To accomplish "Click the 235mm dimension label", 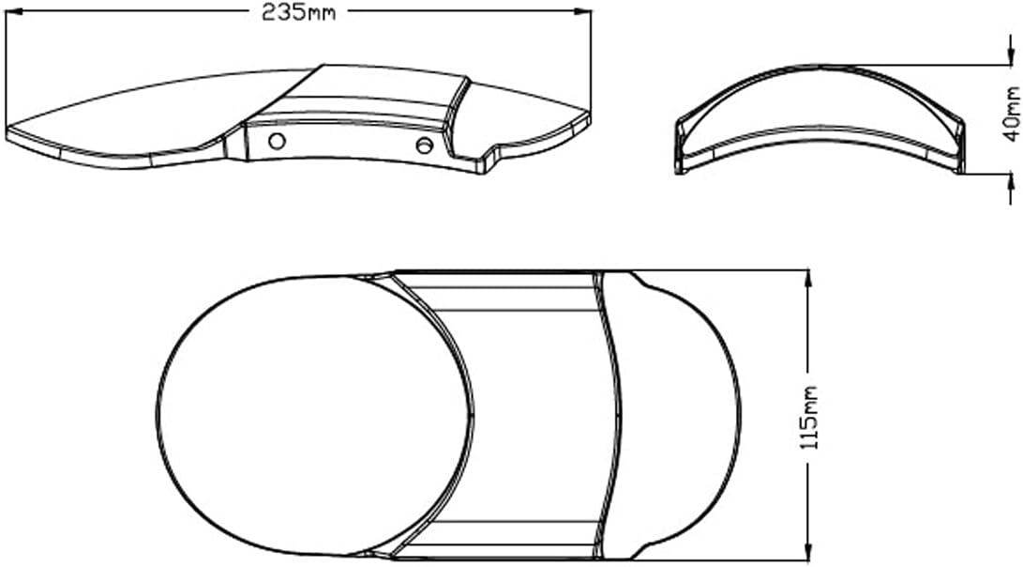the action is click(299, 12).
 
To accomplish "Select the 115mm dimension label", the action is click(809, 418).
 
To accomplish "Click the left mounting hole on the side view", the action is click(277, 141).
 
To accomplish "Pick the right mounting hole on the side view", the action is click(424, 145).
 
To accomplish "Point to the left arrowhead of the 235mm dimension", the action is click(13, 11).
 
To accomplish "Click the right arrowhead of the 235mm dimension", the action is click(582, 11).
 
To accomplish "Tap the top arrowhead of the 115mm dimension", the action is click(809, 279).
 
